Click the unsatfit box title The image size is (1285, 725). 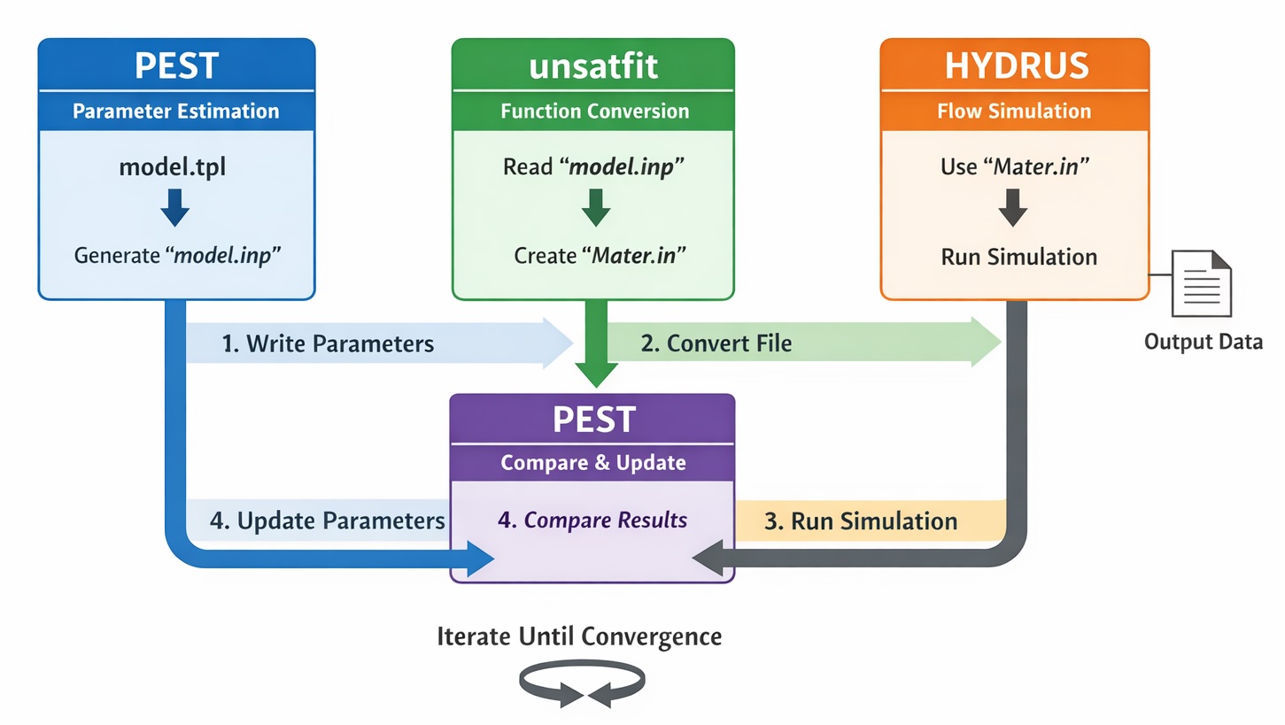click(x=593, y=66)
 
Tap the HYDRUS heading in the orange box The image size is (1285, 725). click(x=1014, y=66)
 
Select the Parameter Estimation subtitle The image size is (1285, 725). click(x=175, y=112)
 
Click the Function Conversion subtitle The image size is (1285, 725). click(x=594, y=112)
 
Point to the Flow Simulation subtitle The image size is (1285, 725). click(x=1014, y=112)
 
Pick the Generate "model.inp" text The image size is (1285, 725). click(x=177, y=256)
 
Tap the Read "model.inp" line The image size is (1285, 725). click(x=593, y=166)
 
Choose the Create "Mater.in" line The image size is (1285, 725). click(x=600, y=256)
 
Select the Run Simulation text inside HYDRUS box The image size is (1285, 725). click(x=1018, y=257)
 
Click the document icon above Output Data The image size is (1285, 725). click(x=1201, y=283)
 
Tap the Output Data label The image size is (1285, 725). click(x=1204, y=342)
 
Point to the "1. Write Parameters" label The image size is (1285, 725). click(x=328, y=343)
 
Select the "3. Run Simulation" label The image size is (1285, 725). click(x=860, y=521)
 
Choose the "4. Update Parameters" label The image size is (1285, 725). click(x=327, y=521)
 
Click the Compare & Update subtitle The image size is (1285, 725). click(x=592, y=463)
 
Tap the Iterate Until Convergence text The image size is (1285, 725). click(x=579, y=636)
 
